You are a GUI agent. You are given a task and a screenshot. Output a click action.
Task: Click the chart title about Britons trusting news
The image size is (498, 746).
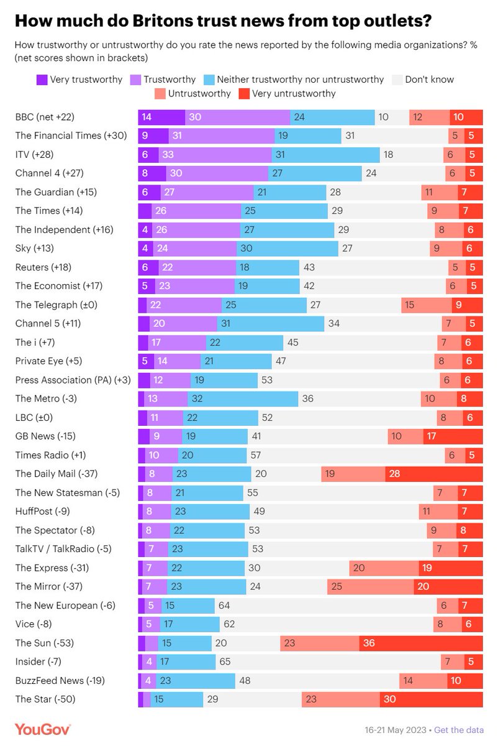pos(224,22)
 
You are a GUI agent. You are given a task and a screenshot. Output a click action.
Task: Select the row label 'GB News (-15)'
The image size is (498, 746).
pos(45,436)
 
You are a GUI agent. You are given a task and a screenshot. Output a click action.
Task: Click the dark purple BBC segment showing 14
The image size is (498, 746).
pos(161,117)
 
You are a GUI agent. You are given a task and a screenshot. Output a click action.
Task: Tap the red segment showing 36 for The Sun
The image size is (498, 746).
pos(421,643)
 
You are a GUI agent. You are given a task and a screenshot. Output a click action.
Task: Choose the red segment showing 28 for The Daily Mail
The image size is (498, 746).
pos(434,474)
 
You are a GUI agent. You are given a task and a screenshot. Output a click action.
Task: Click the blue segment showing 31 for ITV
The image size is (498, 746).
pos(325,154)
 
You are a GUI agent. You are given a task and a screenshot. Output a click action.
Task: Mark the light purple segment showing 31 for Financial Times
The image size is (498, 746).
pos(222,136)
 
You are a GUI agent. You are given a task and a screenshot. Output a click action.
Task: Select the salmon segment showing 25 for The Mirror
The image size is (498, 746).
pos(371,586)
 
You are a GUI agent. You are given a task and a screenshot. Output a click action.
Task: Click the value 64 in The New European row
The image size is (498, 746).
pos(221,605)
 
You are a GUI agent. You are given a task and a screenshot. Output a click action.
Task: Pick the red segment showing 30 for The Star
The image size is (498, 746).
pos(432,699)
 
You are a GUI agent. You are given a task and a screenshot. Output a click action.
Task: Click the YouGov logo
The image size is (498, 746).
pos(43,729)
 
